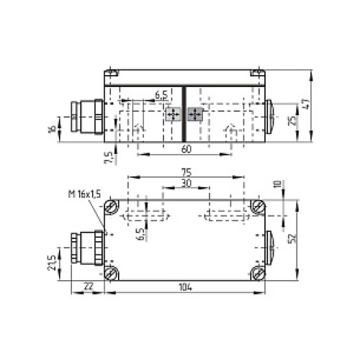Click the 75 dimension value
click(186, 172)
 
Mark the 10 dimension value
click(277, 185)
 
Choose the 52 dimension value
click(292, 238)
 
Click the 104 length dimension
click(186, 287)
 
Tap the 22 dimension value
click(88, 287)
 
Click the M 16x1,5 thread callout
click(84, 194)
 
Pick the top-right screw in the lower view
click(258, 208)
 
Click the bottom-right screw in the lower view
click(258, 273)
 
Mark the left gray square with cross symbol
click(172, 114)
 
